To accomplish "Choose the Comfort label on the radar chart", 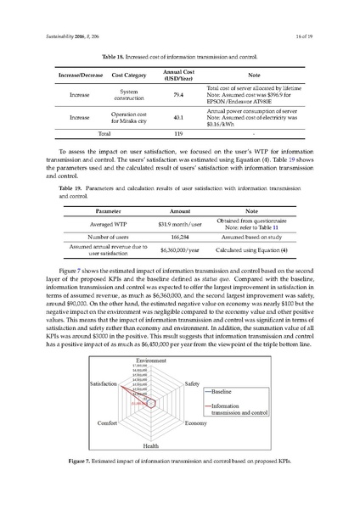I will point(108,422).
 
